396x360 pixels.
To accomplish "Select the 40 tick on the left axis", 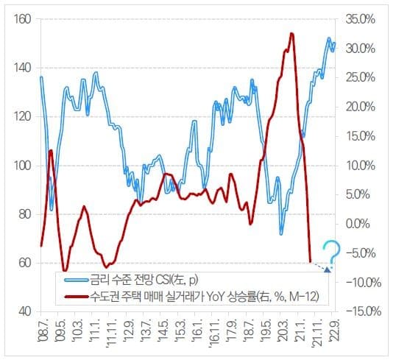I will coord(24,311).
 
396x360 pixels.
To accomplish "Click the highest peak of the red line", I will coord(291,34).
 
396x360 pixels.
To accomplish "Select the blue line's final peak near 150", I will coord(329,39).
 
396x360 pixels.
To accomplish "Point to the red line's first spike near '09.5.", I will coord(50,151).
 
